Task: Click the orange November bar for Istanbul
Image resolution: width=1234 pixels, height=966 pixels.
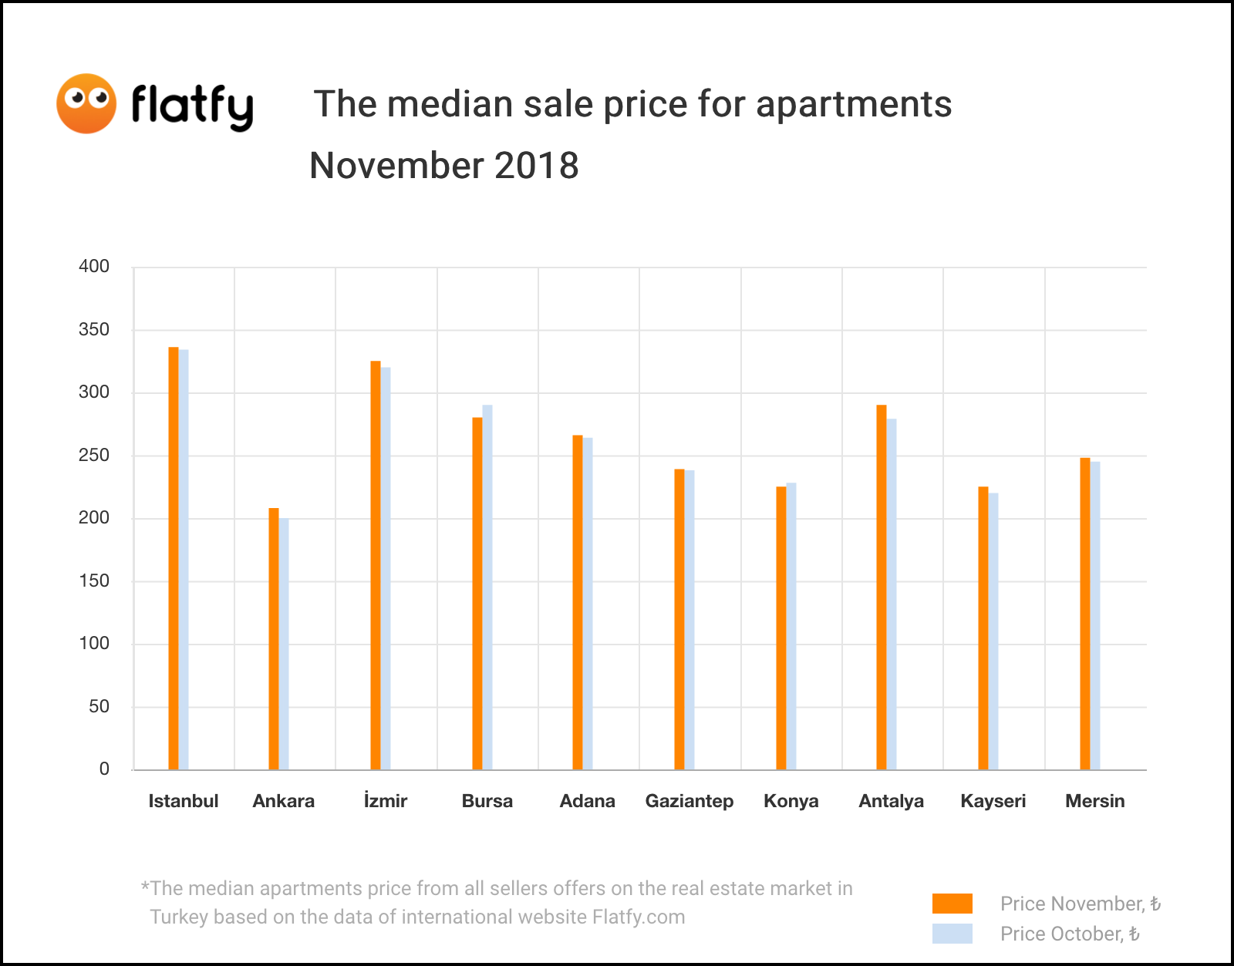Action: tap(174, 558)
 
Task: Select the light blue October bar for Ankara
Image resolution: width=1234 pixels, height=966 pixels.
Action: tap(284, 644)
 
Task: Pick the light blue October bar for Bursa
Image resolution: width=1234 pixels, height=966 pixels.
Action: tap(487, 587)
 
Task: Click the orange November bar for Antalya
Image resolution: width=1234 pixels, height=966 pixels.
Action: tap(882, 587)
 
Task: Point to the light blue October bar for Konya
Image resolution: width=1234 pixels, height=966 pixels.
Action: tap(791, 626)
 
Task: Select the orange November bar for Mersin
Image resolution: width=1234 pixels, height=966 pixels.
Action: tap(1085, 614)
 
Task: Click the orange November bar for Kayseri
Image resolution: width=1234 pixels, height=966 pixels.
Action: tap(983, 628)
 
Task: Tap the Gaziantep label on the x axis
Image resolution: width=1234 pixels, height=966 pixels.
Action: tap(689, 801)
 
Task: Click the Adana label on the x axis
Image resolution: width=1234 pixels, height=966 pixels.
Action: tap(588, 801)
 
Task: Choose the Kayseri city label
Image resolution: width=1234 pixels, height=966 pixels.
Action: tap(993, 801)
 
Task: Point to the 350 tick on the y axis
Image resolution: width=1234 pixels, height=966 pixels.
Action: tap(94, 330)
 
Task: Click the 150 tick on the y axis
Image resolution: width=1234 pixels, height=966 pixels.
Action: tap(94, 581)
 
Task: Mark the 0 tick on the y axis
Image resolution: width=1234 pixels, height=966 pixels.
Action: tap(104, 769)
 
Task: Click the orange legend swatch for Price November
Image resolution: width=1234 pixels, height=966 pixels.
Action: tap(952, 904)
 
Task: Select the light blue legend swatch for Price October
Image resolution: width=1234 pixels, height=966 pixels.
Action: tap(952, 934)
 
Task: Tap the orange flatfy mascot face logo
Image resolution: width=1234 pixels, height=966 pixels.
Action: tap(86, 103)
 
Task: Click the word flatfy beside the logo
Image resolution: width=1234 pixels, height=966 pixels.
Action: tap(192, 106)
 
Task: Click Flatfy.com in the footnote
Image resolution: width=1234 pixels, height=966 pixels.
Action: tap(639, 917)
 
